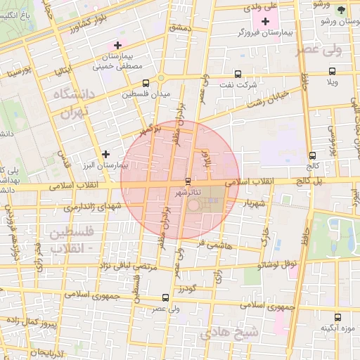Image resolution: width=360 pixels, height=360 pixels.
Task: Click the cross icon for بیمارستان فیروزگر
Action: coord(265,22)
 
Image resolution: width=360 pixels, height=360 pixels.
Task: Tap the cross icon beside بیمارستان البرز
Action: coord(105,153)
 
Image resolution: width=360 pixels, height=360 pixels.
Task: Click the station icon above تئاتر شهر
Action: coord(187,181)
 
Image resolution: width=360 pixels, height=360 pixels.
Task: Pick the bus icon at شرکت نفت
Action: coord(238,73)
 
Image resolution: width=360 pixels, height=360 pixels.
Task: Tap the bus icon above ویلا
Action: coord(333,71)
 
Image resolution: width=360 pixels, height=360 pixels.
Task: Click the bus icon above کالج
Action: coord(312,155)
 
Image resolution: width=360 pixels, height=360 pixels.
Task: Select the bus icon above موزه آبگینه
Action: coord(337,316)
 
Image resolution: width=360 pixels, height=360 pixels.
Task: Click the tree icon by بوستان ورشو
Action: coord(342,11)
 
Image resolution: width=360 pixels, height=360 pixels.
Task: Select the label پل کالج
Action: coord(311,181)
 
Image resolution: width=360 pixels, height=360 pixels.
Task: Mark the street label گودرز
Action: coord(185,288)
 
